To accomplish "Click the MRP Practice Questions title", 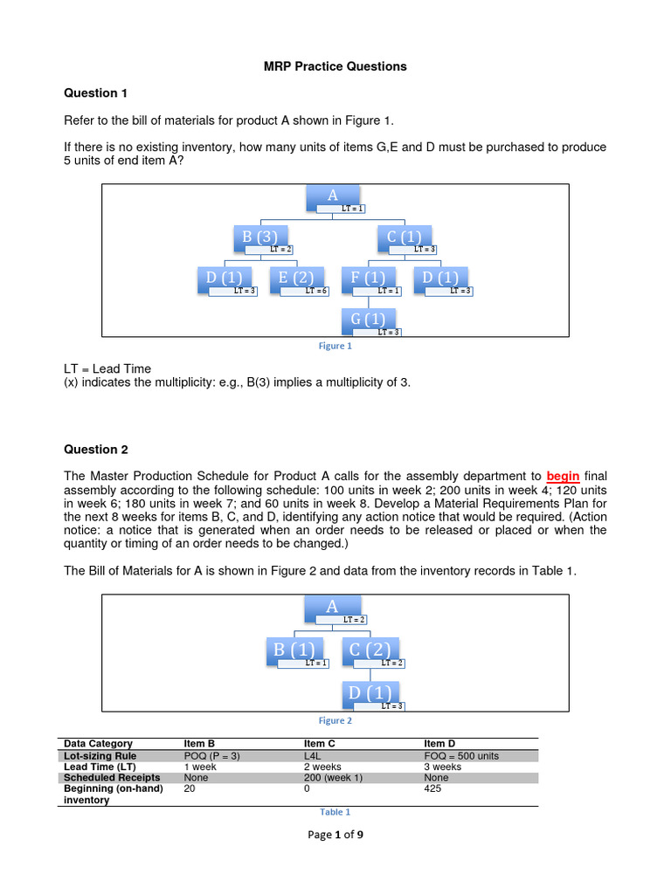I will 335,66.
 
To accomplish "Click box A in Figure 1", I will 332,196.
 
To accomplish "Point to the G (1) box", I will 367,320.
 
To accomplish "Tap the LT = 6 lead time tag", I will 316,291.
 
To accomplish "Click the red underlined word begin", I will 563,476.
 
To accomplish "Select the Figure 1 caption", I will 335,346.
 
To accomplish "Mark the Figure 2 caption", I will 335,720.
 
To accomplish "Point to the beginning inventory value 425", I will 433,788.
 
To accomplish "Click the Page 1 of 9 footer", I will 335,835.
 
